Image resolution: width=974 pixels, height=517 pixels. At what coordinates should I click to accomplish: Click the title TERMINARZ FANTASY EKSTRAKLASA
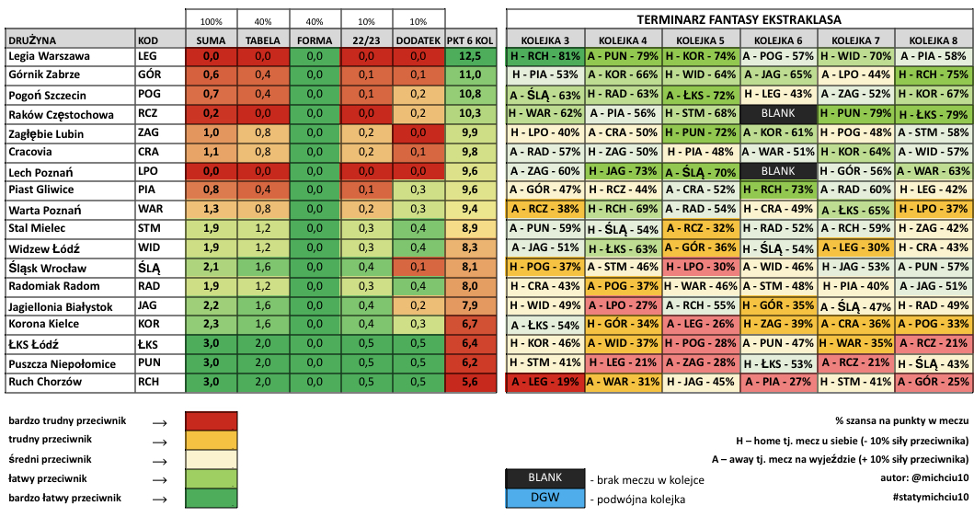click(x=739, y=20)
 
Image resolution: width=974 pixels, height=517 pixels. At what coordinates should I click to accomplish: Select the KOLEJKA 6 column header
click(x=778, y=40)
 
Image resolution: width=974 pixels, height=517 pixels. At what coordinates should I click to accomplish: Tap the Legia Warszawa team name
click(x=49, y=56)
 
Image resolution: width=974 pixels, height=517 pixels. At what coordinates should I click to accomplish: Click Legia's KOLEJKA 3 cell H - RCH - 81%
click(x=545, y=56)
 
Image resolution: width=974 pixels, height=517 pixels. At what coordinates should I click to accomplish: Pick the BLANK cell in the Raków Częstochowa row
click(x=778, y=114)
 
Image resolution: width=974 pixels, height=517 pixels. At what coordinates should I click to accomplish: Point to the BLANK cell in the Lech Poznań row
click(x=778, y=171)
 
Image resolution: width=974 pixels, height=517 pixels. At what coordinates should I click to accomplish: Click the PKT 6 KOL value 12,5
click(x=470, y=56)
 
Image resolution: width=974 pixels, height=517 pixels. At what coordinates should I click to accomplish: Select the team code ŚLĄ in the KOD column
click(x=149, y=268)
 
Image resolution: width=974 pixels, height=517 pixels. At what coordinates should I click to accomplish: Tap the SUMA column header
click(x=212, y=40)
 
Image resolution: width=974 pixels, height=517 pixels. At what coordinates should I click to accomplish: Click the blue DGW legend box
click(x=544, y=498)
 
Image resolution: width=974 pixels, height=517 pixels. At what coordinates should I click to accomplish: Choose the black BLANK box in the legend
click(x=544, y=477)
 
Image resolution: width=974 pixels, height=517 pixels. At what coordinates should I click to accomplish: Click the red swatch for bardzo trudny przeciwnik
click(x=212, y=421)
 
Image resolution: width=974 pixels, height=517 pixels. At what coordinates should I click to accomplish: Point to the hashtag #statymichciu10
click(x=931, y=497)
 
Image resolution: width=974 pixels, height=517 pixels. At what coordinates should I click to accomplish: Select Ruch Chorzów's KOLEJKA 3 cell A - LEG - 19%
click(x=545, y=382)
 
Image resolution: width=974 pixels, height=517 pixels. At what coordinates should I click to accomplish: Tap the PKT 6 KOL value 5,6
click(x=470, y=382)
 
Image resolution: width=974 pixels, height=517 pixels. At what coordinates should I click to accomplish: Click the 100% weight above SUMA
click(x=212, y=22)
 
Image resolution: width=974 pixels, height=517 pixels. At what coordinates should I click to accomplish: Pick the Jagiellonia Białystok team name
click(x=61, y=306)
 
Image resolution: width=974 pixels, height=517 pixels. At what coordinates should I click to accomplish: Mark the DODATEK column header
click(x=418, y=40)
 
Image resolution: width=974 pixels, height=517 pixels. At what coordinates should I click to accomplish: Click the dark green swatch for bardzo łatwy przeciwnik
click(x=212, y=499)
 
